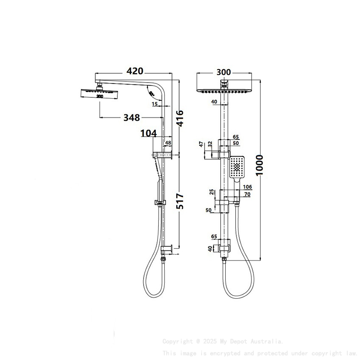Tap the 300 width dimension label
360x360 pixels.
pos(224,72)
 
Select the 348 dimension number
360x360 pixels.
pos(132,117)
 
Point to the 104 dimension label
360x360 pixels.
pos(149,133)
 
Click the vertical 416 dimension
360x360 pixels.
pos(180,119)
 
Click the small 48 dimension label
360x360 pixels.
pos(168,143)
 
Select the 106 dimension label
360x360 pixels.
pos(248,187)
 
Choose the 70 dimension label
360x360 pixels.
pos(248,194)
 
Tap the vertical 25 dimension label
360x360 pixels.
pos(212,193)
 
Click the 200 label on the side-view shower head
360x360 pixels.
pos(100,97)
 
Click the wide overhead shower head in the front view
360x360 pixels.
pos(224,91)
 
